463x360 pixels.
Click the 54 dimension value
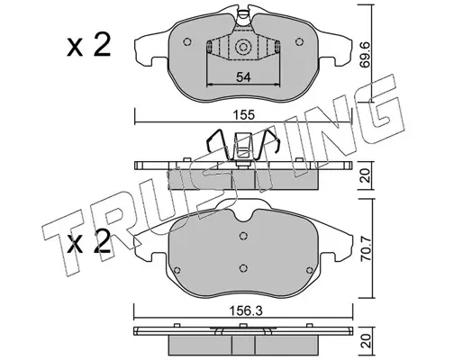[243, 77]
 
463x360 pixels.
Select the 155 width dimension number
[244, 115]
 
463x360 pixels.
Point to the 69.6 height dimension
[366, 58]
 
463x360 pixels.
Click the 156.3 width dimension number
[246, 311]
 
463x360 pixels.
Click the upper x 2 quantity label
[89, 46]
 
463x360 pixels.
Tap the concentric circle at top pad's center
[243, 47]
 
